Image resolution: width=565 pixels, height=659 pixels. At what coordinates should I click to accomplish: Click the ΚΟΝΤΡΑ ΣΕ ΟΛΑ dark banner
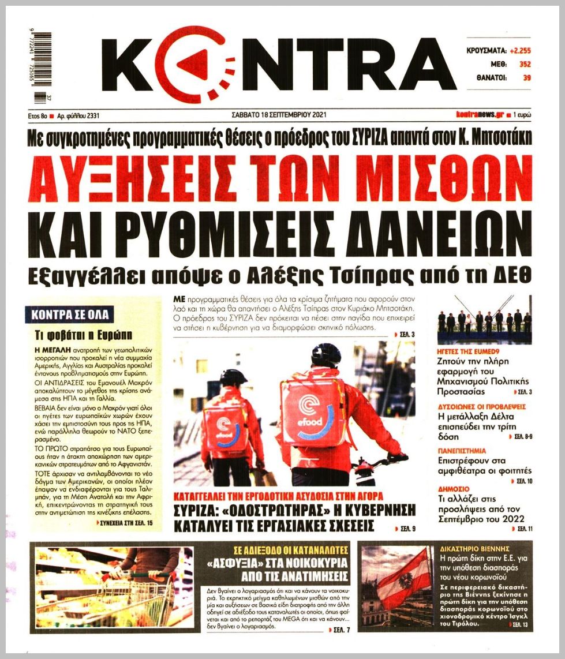[x=69, y=315]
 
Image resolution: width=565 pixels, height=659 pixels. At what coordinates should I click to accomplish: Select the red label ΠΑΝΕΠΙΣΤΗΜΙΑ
[x=461, y=450]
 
